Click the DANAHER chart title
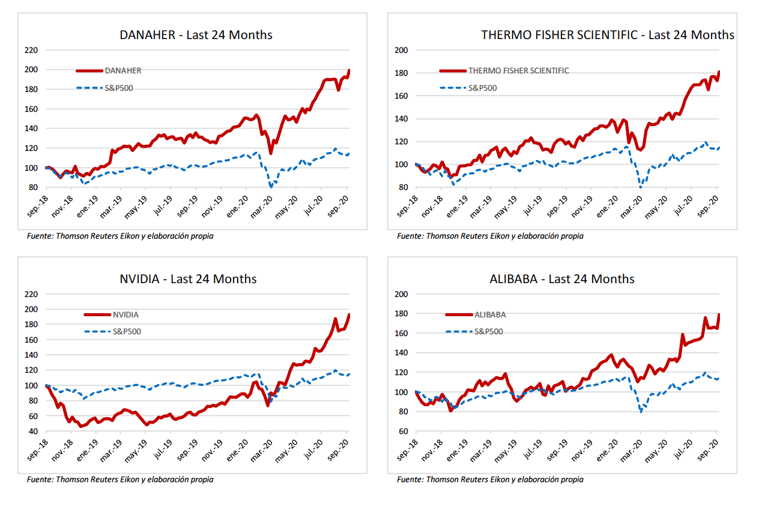point(196,35)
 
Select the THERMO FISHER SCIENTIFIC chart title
point(608,35)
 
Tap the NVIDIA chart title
point(188,279)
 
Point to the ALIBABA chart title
point(562,279)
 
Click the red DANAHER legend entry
point(109,71)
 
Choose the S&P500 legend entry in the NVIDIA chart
point(113,331)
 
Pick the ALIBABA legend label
point(490,314)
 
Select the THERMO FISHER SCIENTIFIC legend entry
point(504,71)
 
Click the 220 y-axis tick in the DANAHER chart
point(31,50)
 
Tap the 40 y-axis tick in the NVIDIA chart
point(33,431)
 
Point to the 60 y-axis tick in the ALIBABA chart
point(404,431)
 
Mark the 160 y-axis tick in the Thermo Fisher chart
point(401,96)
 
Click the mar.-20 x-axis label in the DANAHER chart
point(261,207)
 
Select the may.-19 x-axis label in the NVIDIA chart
point(136,451)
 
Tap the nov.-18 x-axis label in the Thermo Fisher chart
point(432,207)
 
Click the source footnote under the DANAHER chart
point(120,236)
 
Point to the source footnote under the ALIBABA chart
point(490,479)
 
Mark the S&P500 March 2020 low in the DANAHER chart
point(271,187)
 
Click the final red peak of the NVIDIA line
point(349,314)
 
